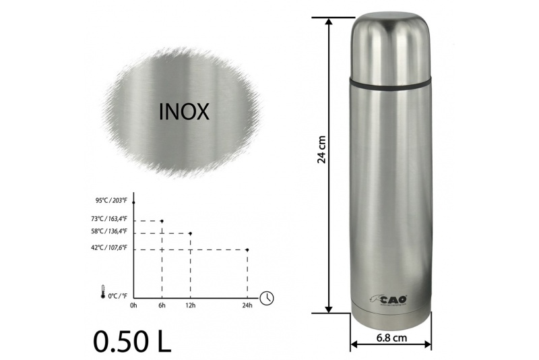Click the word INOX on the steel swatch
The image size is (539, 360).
tap(184, 111)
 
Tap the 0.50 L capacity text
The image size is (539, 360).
tap(132, 341)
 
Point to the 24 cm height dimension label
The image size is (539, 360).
tap(322, 149)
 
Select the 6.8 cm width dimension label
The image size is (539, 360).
tap(391, 338)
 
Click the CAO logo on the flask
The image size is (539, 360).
tap(389, 299)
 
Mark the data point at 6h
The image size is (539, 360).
tap(162, 220)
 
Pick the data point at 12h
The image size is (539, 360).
tap(191, 233)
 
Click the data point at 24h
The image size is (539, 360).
tap(247, 249)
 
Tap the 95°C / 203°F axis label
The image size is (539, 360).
tap(111, 200)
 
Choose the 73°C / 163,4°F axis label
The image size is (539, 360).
tap(109, 218)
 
